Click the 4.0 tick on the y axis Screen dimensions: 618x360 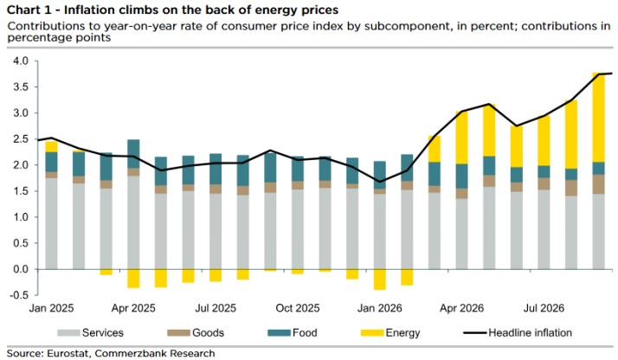pos(21,61)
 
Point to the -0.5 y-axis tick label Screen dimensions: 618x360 pos(20,295)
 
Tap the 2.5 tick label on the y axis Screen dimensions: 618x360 pos(21,139)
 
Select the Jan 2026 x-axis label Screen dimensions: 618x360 pos(380,308)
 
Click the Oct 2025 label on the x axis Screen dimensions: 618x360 pos(298,308)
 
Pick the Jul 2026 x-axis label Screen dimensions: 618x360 pos(544,308)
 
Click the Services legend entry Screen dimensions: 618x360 pos(90,333)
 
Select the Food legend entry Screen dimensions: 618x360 pos(293,333)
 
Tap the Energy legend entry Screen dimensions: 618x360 pos(390,333)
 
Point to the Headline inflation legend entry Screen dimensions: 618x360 pos(518,333)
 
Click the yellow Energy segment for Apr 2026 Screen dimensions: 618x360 pos(461,138)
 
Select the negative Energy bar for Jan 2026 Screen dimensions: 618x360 pos(380,280)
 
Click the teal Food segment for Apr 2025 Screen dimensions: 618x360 pos(133,154)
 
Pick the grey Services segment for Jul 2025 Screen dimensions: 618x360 pos(216,231)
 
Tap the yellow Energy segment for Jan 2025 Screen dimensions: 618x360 pos(51,146)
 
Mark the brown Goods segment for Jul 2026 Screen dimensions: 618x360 pos(544,184)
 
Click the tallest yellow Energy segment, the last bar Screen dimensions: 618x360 pos(599,118)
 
